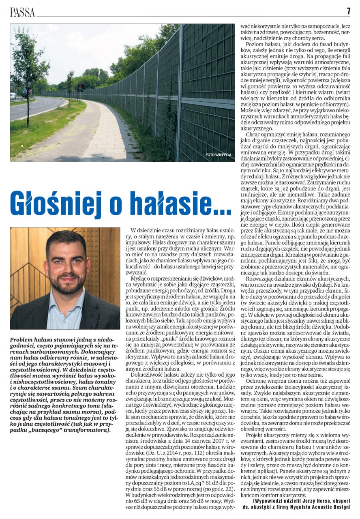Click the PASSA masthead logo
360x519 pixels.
pyautogui.click(x=22, y=12)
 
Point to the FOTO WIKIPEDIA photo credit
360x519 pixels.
pyautogui.click(x=218, y=155)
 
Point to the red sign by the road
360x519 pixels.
pyautogui.click(x=80, y=87)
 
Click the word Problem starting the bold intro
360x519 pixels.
pyautogui.click(x=23, y=339)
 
